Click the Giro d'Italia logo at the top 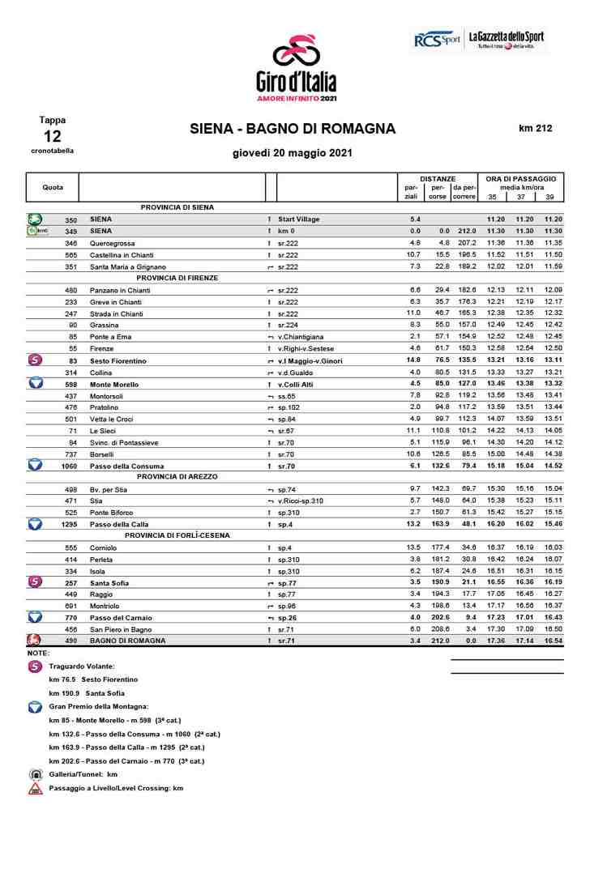pos(295,69)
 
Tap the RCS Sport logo pos(437,39)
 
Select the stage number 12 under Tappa pos(53,136)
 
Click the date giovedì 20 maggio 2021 pos(292,152)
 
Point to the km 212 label pos(535,128)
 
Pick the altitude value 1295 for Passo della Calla pos(71,524)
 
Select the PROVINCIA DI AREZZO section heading pos(177,477)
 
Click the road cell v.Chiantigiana pos(301,336)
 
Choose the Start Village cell pos(298,219)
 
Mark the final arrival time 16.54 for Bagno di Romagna pos(554,641)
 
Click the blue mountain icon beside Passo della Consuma pos(36,466)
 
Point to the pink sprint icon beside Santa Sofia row pos(36,582)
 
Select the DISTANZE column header pos(438,178)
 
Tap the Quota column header pos(53,187)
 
